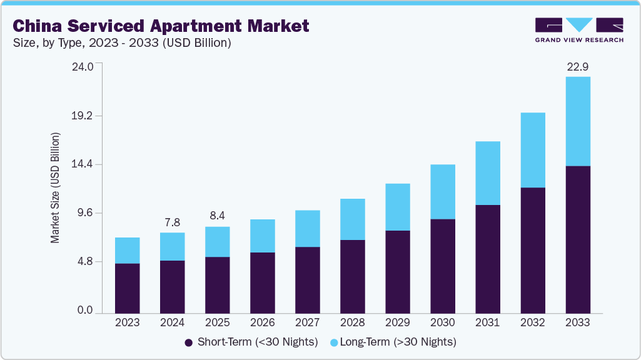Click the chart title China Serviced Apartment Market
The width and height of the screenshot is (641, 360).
pos(161,26)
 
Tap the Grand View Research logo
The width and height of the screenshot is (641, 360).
pos(578,30)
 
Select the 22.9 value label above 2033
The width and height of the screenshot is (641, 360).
pos(577,66)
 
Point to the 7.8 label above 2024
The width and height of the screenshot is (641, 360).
pos(172,222)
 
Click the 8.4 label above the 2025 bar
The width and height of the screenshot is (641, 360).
pos(217,216)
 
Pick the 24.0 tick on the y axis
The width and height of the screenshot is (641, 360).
pos(82,67)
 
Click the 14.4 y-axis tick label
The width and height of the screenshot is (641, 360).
pos(82,164)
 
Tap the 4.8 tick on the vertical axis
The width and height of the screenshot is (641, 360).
pos(84,262)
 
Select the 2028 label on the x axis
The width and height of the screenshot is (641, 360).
pos(352,323)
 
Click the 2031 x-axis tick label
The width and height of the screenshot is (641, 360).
pos(487,323)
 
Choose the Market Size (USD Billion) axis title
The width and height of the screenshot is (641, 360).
pos(56,188)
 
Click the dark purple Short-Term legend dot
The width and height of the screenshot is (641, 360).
pos(188,342)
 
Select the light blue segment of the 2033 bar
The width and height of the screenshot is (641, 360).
pos(577,121)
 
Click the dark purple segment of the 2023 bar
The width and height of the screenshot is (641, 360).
pos(128,288)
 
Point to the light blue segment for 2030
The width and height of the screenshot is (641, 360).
pos(442,192)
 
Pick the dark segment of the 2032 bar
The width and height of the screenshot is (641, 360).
pos(532,250)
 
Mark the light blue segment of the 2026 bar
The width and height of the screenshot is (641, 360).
pos(262,236)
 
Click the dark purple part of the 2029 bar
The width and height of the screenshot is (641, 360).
pos(397,272)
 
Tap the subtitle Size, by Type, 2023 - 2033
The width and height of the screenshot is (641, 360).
pos(123,43)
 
